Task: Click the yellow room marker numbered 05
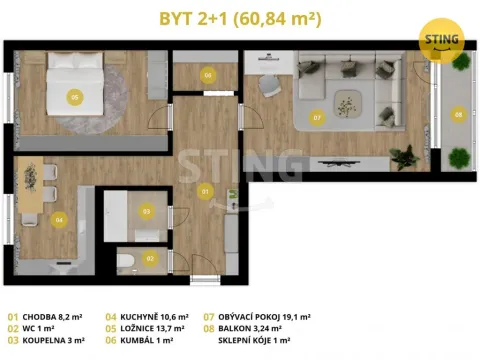[x=75, y=97]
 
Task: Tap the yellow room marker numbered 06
[x=208, y=75]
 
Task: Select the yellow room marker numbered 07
[x=317, y=117]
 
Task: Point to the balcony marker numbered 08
[x=459, y=114]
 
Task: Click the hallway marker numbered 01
[x=205, y=191]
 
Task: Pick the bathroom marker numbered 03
[x=146, y=211]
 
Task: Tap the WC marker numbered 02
[x=150, y=258]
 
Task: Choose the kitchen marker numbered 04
[x=59, y=220]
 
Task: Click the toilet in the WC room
[x=126, y=262]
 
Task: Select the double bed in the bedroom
[x=75, y=83]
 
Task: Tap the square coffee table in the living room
[x=348, y=104]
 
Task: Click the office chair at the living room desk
[x=269, y=86]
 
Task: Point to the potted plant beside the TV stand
[x=404, y=157]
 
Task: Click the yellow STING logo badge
[x=441, y=40]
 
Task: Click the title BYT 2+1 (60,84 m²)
[x=240, y=18]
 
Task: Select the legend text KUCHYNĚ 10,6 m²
[x=154, y=317]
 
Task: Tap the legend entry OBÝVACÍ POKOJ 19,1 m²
[x=264, y=317]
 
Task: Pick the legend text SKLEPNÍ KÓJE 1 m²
[x=254, y=340]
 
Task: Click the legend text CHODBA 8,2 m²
[x=52, y=317]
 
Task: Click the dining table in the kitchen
[x=30, y=185]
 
